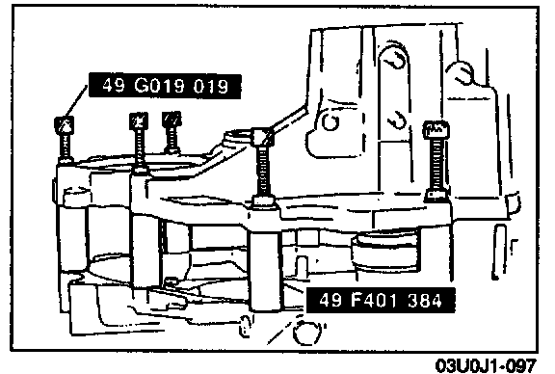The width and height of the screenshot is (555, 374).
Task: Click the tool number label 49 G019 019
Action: (165, 86)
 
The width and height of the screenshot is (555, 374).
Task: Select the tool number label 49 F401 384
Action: (381, 301)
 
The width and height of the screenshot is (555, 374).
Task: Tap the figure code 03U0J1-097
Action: (486, 365)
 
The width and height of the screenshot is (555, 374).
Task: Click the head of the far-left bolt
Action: (65, 124)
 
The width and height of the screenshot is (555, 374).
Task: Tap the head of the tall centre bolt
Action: (263, 136)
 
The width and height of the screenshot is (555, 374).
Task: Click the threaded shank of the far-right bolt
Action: (436, 165)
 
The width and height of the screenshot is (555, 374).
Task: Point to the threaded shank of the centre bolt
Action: (263, 171)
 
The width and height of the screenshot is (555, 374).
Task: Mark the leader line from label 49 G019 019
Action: (76, 101)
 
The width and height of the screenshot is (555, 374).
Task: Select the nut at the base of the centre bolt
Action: (264, 201)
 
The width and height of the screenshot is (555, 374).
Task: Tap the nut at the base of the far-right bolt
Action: (436, 195)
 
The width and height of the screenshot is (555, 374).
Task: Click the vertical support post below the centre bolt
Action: (266, 269)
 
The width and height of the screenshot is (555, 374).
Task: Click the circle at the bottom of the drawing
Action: (307, 333)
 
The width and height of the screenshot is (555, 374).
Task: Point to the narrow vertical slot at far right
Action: (500, 252)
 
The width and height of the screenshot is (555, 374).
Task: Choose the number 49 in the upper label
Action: (114, 86)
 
